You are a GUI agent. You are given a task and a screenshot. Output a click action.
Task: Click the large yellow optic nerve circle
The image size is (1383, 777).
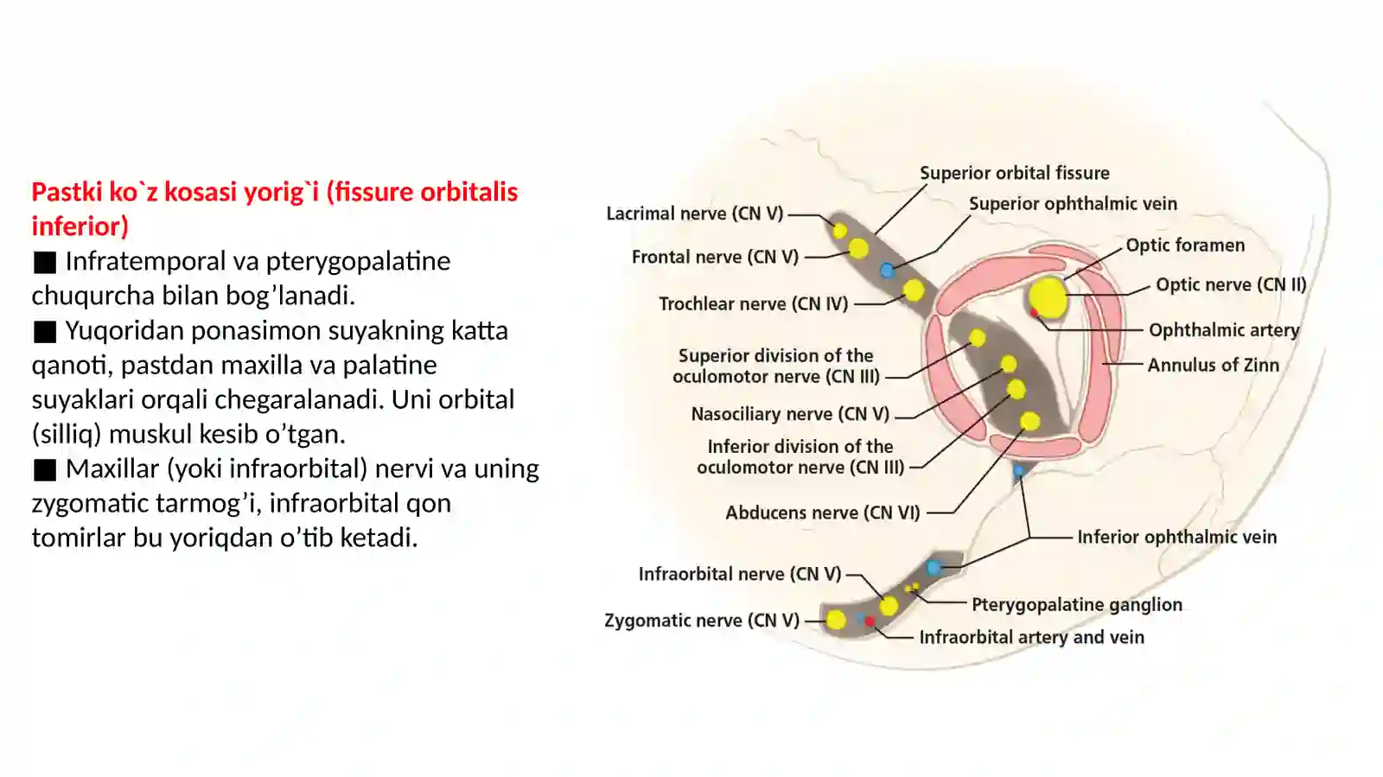(x=1048, y=298)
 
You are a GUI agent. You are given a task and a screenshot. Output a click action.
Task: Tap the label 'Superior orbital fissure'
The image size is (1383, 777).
(x=1015, y=173)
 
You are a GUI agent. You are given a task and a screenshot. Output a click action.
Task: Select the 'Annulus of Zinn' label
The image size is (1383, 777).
(x=1214, y=366)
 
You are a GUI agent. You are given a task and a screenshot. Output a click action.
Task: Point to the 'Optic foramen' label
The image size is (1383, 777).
(x=1185, y=245)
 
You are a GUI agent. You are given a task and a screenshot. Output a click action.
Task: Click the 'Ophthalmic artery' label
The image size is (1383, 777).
(x=1224, y=330)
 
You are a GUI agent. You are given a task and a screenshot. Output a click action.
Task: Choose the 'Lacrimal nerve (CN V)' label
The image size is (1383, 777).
(x=695, y=213)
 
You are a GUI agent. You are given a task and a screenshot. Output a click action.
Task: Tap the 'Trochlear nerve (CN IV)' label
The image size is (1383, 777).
(x=753, y=303)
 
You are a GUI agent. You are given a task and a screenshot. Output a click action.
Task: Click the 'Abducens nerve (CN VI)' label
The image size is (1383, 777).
(x=822, y=513)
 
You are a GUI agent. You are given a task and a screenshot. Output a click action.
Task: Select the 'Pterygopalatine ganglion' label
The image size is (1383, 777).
(x=1077, y=604)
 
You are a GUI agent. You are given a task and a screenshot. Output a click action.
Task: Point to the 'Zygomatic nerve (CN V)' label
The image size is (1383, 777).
(x=702, y=621)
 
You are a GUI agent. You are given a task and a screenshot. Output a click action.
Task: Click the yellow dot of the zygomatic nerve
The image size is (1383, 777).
(x=836, y=620)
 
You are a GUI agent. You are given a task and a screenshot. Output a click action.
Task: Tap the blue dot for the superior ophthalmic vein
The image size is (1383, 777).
(x=887, y=271)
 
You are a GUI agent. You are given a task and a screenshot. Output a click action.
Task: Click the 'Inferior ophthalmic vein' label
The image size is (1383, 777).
(x=1176, y=537)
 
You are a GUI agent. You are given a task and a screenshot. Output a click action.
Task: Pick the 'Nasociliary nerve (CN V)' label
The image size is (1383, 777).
(x=790, y=413)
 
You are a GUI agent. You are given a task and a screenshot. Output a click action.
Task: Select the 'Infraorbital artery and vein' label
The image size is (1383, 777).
(x=1032, y=637)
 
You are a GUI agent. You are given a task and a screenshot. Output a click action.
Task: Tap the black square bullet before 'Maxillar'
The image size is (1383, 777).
(x=44, y=470)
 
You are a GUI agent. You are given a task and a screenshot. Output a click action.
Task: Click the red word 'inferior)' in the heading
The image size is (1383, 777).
(x=80, y=226)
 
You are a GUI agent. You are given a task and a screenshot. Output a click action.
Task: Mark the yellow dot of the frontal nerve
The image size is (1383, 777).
(x=858, y=248)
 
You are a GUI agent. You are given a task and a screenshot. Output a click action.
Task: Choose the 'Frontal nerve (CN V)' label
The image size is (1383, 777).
(x=715, y=257)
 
